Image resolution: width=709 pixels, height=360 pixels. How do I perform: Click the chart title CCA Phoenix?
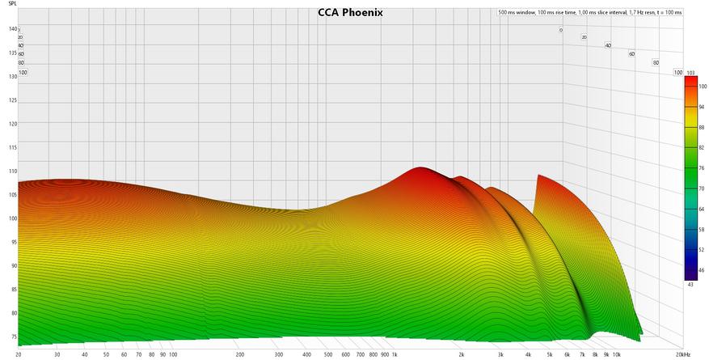350,13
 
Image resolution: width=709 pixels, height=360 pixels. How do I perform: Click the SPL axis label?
12,4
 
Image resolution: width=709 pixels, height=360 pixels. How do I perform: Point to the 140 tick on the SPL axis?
12,29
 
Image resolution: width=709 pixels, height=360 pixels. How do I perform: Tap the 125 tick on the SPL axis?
12,100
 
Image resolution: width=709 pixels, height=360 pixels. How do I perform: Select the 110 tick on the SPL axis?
12,172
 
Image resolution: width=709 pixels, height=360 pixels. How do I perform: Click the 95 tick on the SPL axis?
12,242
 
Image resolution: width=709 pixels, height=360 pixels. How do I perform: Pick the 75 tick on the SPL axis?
12,337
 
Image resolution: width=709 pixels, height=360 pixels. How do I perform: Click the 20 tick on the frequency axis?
19,354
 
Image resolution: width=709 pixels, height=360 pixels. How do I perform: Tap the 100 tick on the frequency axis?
173,354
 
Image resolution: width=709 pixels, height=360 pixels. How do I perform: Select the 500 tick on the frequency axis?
328,354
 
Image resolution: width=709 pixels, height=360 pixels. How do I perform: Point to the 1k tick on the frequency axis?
395,354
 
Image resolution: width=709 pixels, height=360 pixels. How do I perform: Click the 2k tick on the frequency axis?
461,354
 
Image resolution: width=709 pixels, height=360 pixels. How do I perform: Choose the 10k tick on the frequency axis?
616,354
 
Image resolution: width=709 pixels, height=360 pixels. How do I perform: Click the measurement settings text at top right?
589,13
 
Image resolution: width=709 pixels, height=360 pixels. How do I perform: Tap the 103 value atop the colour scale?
690,73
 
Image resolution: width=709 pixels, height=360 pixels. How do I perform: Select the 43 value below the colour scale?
690,283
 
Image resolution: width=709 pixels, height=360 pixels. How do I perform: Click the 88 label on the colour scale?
702,127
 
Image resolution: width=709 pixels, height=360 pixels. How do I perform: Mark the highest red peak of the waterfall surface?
420,168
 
